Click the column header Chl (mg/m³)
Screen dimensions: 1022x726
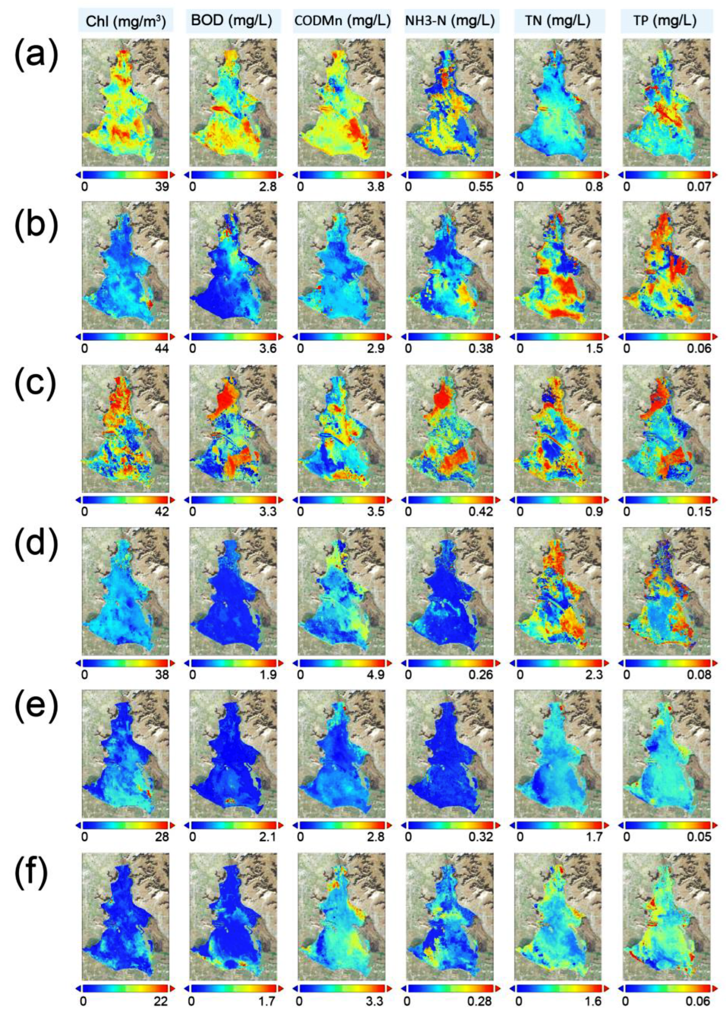[125, 21]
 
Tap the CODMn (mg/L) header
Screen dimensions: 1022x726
[342, 21]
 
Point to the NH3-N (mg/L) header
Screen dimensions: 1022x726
[450, 21]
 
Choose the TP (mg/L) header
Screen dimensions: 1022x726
[665, 21]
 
